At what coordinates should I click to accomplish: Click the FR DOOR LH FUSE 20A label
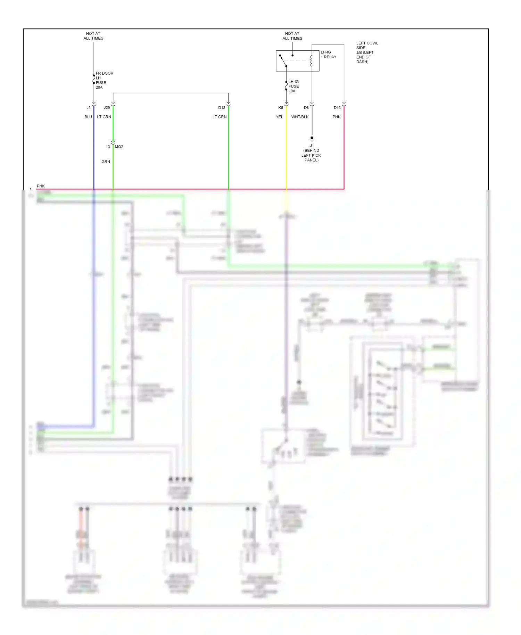click(104, 80)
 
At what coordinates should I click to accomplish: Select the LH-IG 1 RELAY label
click(328, 55)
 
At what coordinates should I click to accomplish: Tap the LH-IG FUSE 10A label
click(293, 86)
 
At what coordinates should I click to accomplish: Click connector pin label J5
click(89, 108)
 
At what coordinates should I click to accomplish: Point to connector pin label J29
click(107, 108)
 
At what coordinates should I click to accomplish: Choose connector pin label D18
click(222, 108)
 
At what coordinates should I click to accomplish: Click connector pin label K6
click(281, 108)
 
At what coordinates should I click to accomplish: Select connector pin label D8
click(306, 108)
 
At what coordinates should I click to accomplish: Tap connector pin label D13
click(337, 108)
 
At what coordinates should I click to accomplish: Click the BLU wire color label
click(88, 117)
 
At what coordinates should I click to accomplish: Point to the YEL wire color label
click(279, 117)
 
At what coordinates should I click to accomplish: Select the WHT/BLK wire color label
click(300, 117)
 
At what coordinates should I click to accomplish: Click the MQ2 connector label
click(119, 147)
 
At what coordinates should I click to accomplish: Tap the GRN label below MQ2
click(106, 162)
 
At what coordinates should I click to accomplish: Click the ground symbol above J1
click(312, 139)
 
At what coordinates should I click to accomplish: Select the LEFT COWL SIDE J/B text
click(367, 52)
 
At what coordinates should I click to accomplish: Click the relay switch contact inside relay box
click(283, 61)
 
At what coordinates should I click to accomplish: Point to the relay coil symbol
click(312, 61)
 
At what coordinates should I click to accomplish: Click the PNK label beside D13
click(336, 117)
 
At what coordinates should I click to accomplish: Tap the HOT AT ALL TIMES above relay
click(292, 36)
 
